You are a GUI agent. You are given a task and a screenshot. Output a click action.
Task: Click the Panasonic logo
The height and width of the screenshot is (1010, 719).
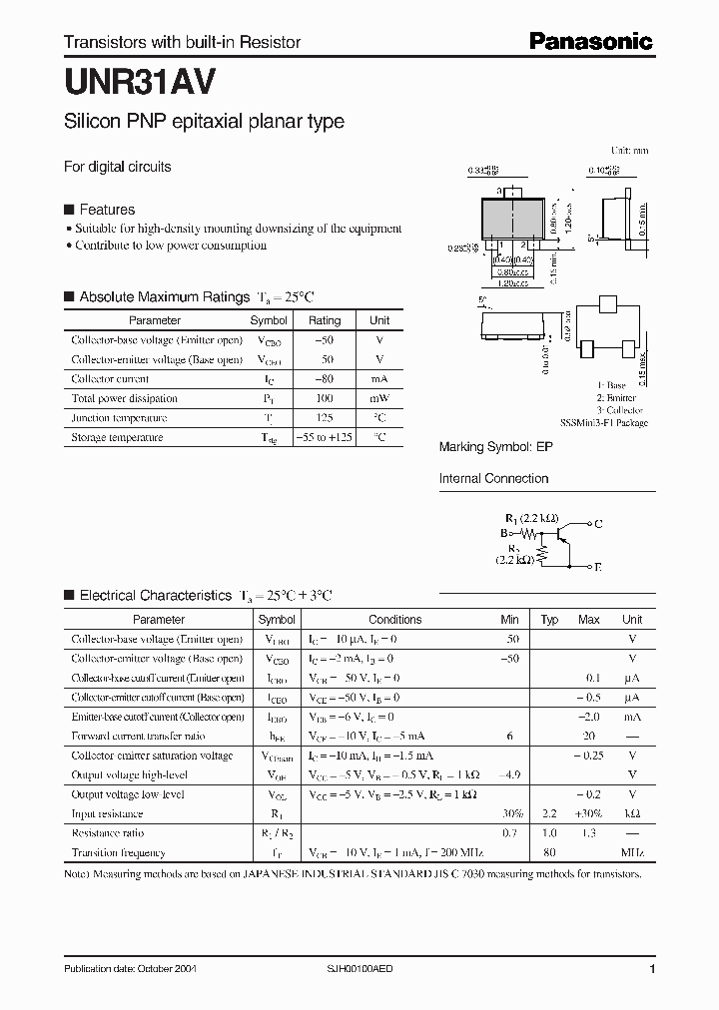click(x=590, y=41)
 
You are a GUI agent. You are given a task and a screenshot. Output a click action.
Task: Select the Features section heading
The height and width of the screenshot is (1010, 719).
click(x=107, y=210)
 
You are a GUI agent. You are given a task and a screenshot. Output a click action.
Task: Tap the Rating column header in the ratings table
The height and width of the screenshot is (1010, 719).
click(x=325, y=320)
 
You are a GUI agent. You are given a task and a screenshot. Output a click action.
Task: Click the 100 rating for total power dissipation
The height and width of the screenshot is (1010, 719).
click(x=325, y=398)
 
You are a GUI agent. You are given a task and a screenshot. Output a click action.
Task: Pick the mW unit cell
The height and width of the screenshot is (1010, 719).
click(x=379, y=398)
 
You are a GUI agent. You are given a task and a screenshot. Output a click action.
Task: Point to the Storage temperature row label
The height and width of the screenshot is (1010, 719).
click(x=117, y=437)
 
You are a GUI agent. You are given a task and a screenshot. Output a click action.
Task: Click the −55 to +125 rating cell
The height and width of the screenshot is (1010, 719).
click(x=325, y=437)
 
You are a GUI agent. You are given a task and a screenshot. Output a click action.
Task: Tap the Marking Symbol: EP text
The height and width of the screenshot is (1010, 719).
click(x=495, y=448)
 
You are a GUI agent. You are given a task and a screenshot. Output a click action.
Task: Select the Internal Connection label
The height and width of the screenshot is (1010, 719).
click(x=493, y=479)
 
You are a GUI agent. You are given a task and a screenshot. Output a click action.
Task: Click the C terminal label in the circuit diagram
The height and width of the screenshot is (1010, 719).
click(x=597, y=523)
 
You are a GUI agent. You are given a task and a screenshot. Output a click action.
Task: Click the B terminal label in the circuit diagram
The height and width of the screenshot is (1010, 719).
click(x=504, y=533)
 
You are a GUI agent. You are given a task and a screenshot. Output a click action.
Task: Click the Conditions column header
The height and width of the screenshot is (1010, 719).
click(x=394, y=619)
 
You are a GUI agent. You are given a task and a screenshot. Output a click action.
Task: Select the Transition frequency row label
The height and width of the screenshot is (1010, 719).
click(x=118, y=852)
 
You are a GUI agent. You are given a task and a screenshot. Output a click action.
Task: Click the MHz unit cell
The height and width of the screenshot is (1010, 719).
click(x=632, y=852)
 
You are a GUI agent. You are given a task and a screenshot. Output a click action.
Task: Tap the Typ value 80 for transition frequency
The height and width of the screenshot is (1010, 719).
click(x=549, y=852)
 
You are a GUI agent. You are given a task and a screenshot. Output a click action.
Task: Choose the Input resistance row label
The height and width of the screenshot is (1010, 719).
click(x=107, y=813)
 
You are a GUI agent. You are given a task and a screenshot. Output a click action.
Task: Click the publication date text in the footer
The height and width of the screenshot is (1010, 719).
click(x=125, y=970)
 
